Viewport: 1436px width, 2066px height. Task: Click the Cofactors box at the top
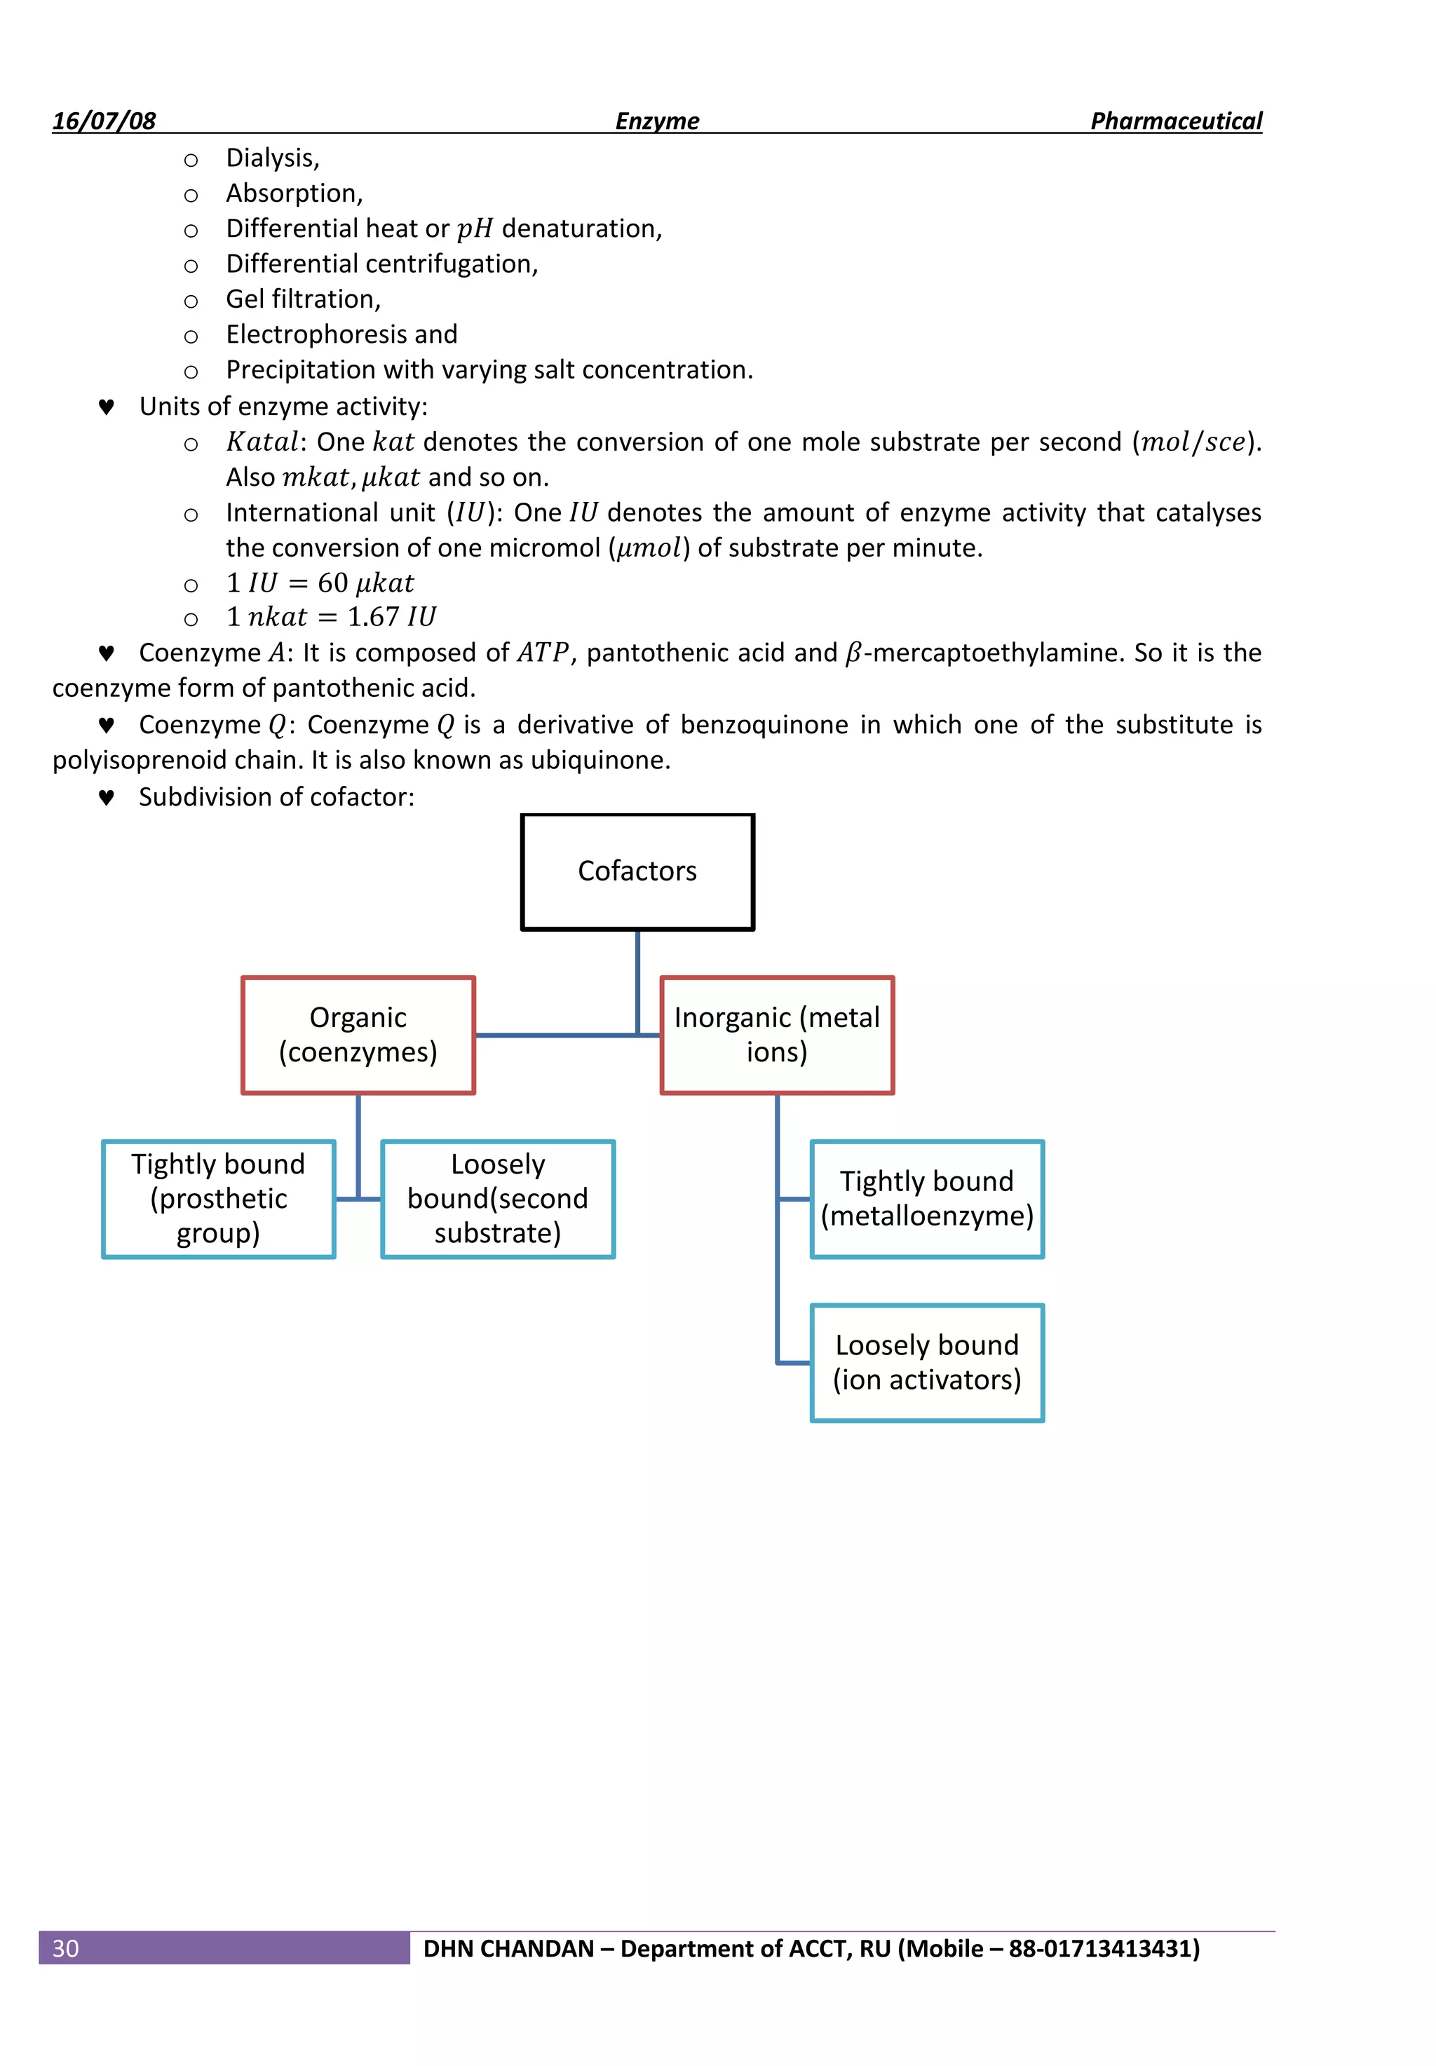pyautogui.click(x=637, y=871)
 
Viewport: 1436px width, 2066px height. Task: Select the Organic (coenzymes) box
pyautogui.click(x=358, y=1034)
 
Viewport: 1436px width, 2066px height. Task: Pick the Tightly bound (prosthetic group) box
pyautogui.click(x=219, y=1198)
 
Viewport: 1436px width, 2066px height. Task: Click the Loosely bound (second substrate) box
pyautogui.click(x=498, y=1198)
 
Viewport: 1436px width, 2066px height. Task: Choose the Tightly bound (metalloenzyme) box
pyautogui.click(x=927, y=1198)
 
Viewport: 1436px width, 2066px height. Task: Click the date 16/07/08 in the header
pyautogui.click(x=104, y=121)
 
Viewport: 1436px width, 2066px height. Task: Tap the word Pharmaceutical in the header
pyautogui.click(x=1175, y=121)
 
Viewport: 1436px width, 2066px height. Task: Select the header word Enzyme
pyautogui.click(x=657, y=121)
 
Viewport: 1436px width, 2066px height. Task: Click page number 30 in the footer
pyautogui.click(x=66, y=1948)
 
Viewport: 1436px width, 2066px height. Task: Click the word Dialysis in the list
pyautogui.click(x=270, y=158)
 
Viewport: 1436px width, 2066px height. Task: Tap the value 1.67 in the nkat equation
pyautogui.click(x=372, y=617)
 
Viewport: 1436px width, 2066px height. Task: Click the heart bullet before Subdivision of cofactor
pyautogui.click(x=106, y=798)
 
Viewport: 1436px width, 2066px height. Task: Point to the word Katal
pyautogui.click(x=262, y=442)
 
